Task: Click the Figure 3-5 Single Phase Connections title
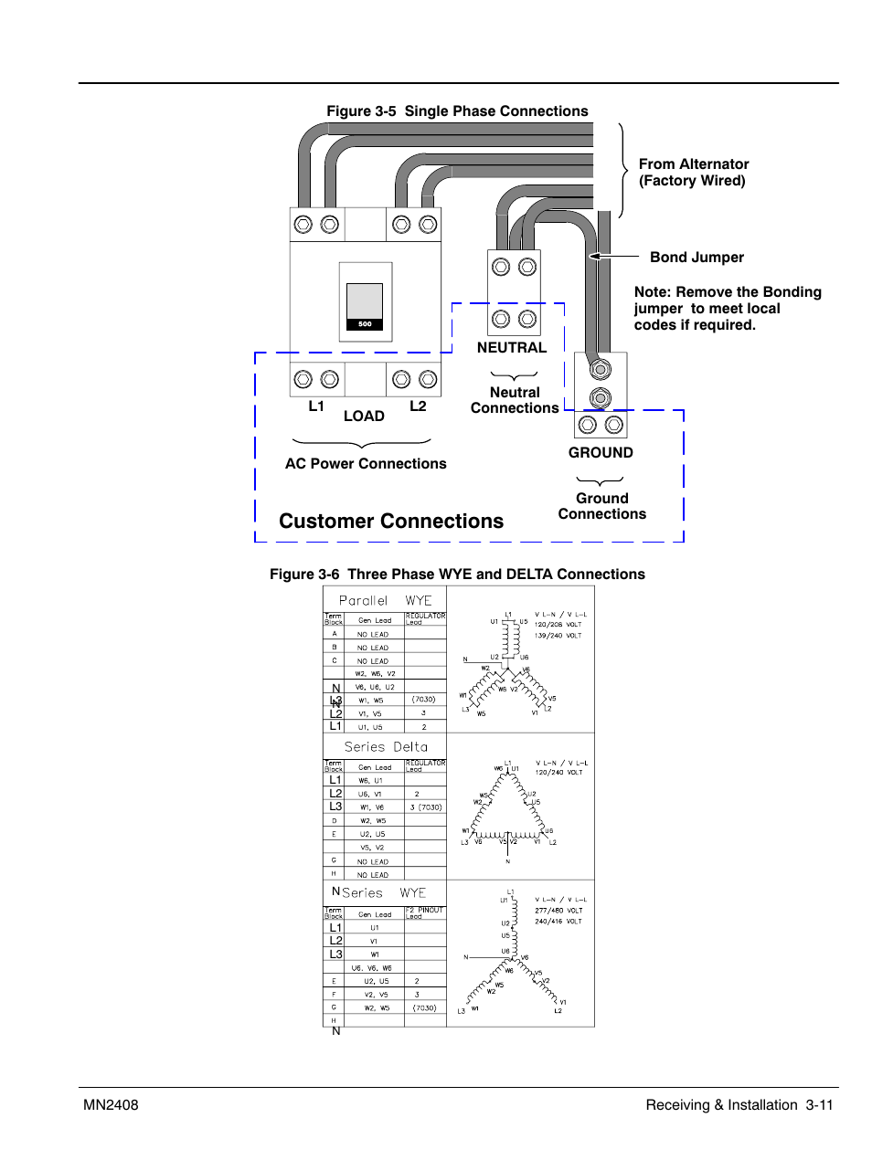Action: pyautogui.click(x=457, y=111)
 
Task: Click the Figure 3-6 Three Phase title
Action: pyautogui.click(x=457, y=575)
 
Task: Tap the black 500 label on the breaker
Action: pyautogui.click(x=365, y=324)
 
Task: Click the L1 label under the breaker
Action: pyautogui.click(x=316, y=406)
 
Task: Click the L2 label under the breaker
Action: pyautogui.click(x=418, y=406)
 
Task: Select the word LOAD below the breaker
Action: pyautogui.click(x=364, y=417)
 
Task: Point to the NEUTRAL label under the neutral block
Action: pyautogui.click(x=512, y=348)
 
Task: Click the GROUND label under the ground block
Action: pyautogui.click(x=601, y=453)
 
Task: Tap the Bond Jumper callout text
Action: pyautogui.click(x=697, y=258)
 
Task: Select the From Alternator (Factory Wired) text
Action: pyautogui.click(x=693, y=173)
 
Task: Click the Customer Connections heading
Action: pyautogui.click(x=391, y=522)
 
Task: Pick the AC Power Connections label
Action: pyautogui.click(x=366, y=464)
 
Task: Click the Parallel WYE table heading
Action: pyautogui.click(x=385, y=601)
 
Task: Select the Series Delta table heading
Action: pyautogui.click(x=386, y=747)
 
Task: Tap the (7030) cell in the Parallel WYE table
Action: pyautogui.click(x=423, y=700)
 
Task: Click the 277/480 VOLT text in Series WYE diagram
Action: pyautogui.click(x=558, y=911)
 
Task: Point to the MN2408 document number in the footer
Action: pyautogui.click(x=111, y=1105)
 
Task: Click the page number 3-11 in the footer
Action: pyautogui.click(x=819, y=1105)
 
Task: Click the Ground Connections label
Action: pyautogui.click(x=601, y=506)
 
